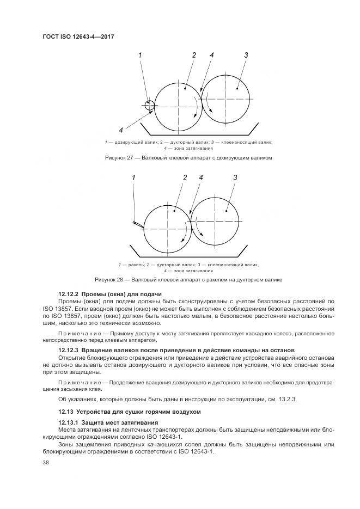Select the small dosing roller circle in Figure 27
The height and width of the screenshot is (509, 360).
[x=149, y=105]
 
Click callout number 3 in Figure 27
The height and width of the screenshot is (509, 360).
[x=246, y=55]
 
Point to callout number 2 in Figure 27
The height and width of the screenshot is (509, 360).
[x=193, y=55]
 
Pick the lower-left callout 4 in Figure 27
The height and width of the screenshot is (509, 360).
[x=121, y=130]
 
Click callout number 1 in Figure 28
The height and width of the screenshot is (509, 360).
[x=133, y=177]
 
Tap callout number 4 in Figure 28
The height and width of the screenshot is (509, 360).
[x=201, y=177]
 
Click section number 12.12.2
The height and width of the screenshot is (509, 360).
[x=69, y=294]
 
